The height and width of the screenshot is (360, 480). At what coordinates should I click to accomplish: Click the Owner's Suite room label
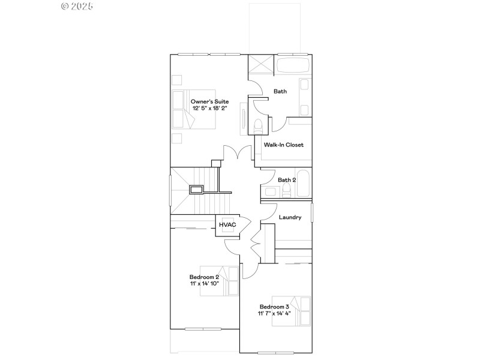(x=209, y=101)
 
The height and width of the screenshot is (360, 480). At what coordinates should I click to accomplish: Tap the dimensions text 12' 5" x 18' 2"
(x=209, y=109)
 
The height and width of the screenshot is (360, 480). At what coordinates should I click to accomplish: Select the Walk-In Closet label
(x=283, y=145)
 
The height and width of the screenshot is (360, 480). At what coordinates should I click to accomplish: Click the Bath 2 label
(x=286, y=179)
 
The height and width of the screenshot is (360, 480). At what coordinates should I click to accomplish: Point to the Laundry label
(x=290, y=217)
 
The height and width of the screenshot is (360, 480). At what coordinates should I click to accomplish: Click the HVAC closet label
(x=227, y=224)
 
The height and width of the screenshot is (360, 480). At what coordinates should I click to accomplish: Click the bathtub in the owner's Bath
(x=293, y=65)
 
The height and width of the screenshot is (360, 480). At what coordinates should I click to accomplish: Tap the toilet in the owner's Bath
(x=259, y=126)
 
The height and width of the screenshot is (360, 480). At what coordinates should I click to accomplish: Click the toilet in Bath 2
(x=287, y=191)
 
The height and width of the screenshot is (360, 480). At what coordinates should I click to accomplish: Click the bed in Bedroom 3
(x=291, y=311)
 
